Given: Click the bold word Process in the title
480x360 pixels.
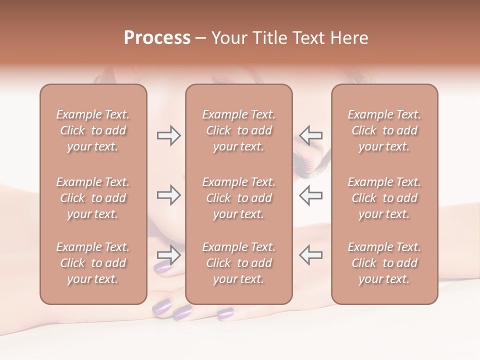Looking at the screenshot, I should [x=157, y=38].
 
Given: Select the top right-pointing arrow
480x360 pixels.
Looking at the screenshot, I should [x=168, y=135].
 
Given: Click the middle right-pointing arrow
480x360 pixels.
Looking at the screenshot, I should [x=168, y=194].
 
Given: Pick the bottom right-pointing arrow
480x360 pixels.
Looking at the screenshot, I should [x=168, y=255].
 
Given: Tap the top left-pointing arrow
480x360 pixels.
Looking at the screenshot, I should [x=311, y=135].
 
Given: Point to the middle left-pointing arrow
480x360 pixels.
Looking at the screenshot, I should [x=311, y=194].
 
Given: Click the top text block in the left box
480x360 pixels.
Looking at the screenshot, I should [x=93, y=130].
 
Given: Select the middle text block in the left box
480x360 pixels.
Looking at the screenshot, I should [x=93, y=198].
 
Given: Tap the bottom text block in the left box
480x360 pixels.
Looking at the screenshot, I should [x=93, y=263].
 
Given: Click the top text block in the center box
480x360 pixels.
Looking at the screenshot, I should [x=239, y=130].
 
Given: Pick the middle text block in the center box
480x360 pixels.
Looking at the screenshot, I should [x=239, y=198].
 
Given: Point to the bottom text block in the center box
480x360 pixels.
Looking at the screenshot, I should [x=239, y=263].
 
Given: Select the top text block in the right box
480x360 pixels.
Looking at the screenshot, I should [x=384, y=130].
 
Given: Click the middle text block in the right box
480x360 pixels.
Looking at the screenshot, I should [x=384, y=198].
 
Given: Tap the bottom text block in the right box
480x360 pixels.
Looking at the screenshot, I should [x=384, y=263].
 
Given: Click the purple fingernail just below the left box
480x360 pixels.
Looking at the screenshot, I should [x=161, y=305].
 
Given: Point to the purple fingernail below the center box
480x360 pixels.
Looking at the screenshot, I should [x=225, y=313].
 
